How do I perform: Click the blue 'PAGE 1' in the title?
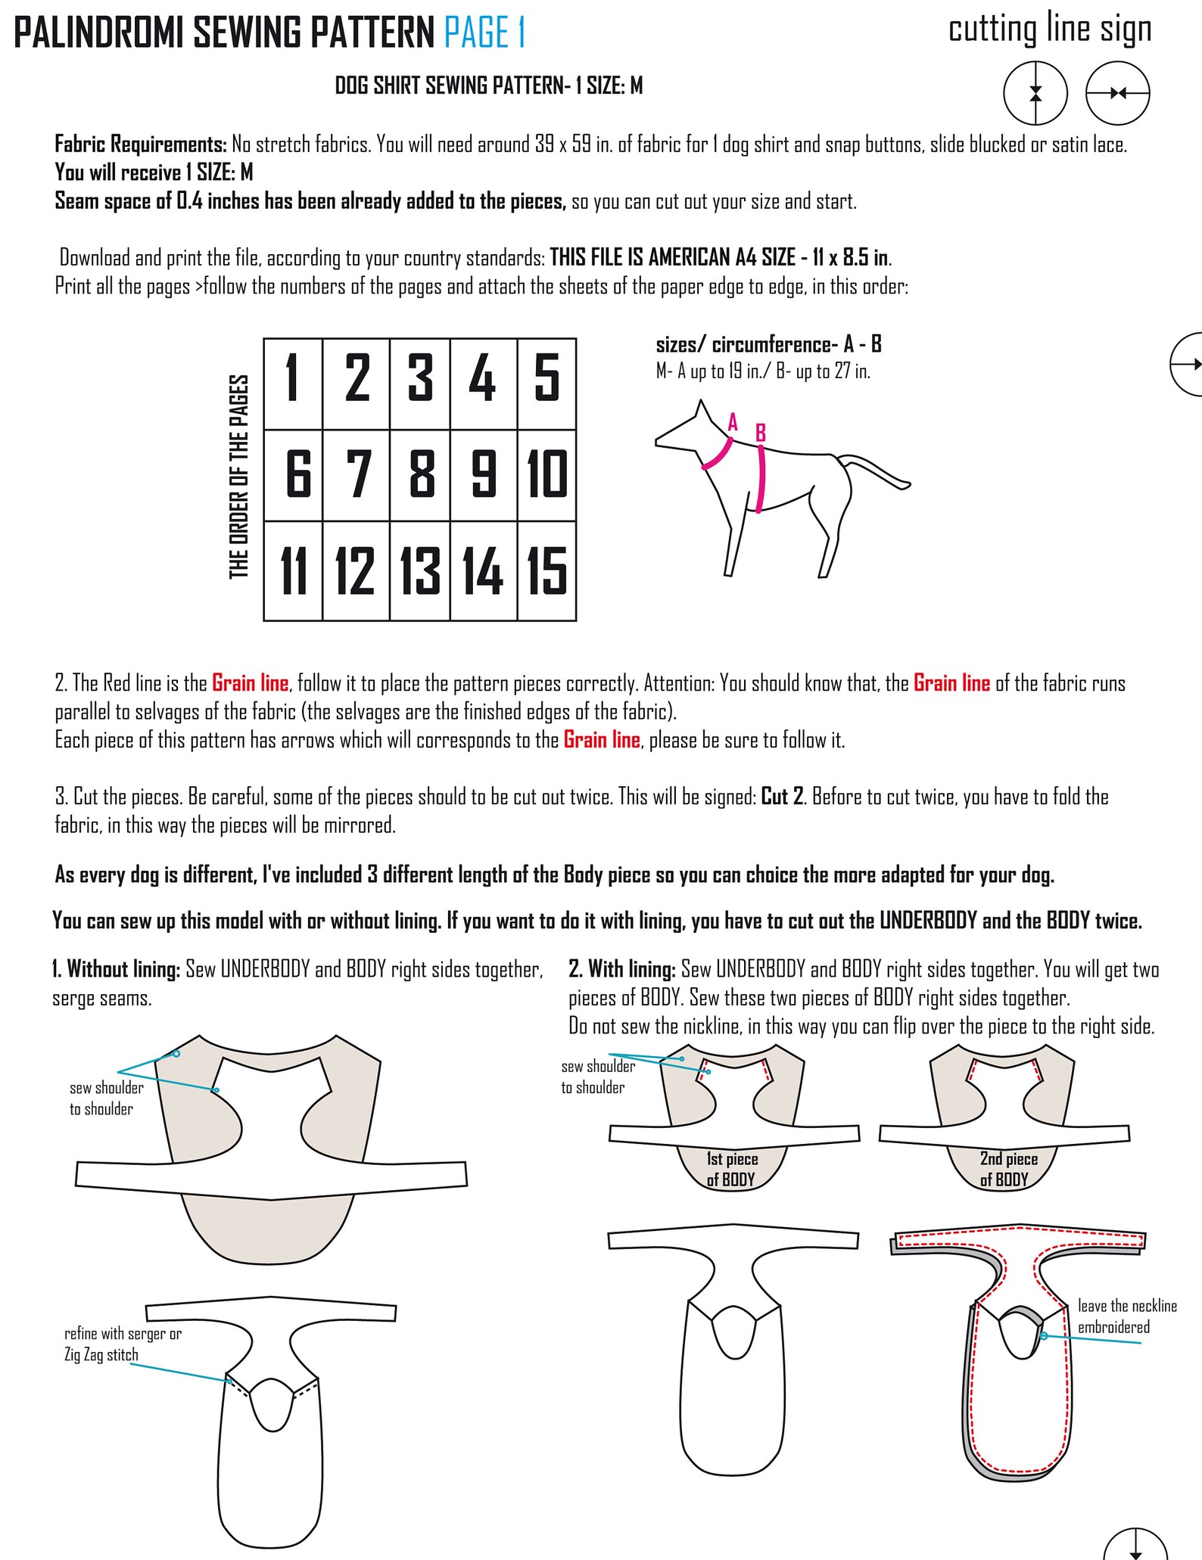pyautogui.click(x=484, y=33)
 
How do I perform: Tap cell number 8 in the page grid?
pyautogui.click(x=421, y=474)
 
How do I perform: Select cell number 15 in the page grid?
pyautogui.click(x=547, y=571)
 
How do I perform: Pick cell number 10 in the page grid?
pyautogui.click(x=547, y=474)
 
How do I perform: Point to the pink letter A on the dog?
pyautogui.click(x=732, y=422)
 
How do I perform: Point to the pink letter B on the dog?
pyautogui.click(x=761, y=434)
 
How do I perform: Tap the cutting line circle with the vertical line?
pyautogui.click(x=1035, y=94)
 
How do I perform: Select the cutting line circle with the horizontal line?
pyautogui.click(x=1117, y=94)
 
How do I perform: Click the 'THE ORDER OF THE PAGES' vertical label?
pyautogui.click(x=239, y=477)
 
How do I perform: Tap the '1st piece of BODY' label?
pyautogui.click(x=731, y=1169)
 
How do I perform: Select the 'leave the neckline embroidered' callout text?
pyautogui.click(x=1126, y=1316)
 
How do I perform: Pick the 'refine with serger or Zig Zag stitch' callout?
pyautogui.click(x=123, y=1344)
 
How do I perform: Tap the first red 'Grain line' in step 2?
pyautogui.click(x=250, y=683)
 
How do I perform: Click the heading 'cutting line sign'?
pyautogui.click(x=1049, y=30)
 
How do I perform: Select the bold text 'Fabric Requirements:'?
pyautogui.click(x=141, y=144)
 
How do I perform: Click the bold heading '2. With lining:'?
pyautogui.click(x=621, y=969)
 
